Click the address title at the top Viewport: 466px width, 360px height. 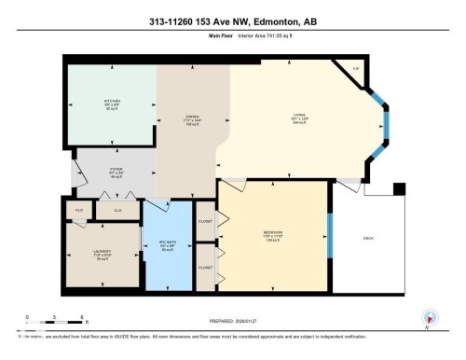[232, 21]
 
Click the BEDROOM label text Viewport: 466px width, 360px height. [273, 231]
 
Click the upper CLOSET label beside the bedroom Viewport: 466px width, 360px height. [206, 221]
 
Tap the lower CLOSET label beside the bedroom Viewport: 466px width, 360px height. [206, 266]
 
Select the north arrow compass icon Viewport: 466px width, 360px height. [430, 317]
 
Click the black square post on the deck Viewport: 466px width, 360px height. [399, 189]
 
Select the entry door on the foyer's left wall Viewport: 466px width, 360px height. [67, 175]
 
